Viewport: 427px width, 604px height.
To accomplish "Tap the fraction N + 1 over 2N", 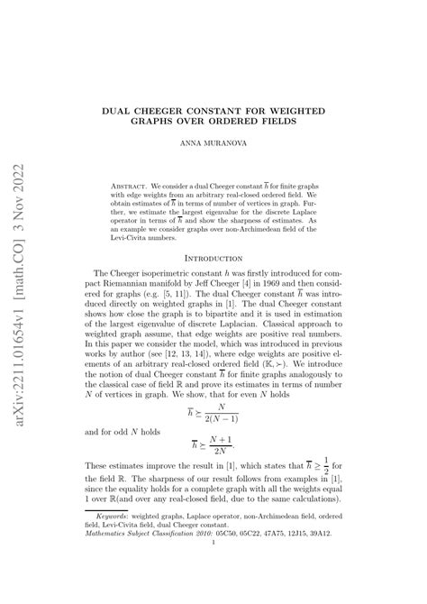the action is click(241, 444).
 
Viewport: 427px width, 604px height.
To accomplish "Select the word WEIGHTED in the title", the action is click(318, 108).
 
